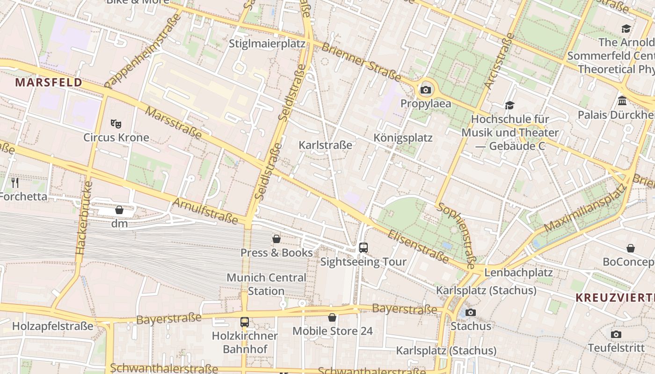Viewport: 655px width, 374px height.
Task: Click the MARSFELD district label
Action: (49, 83)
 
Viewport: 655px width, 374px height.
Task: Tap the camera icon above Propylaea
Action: (426, 90)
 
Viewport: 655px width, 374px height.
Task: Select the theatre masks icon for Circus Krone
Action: (116, 124)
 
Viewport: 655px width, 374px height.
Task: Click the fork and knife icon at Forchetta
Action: (15, 182)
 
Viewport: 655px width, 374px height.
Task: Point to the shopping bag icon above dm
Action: (119, 210)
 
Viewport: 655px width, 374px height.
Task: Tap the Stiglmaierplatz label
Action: (267, 44)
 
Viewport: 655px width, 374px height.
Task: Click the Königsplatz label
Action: (403, 138)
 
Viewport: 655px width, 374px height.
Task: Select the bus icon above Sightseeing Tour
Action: (364, 248)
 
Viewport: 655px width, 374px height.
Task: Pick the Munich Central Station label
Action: (266, 284)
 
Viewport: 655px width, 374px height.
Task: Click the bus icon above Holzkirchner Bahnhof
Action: (245, 322)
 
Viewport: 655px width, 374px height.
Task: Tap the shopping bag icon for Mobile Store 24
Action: (332, 318)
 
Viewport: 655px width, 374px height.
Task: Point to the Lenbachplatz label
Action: (518, 272)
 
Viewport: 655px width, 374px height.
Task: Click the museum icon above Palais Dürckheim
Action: (622, 101)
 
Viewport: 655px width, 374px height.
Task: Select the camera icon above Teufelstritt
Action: (616, 334)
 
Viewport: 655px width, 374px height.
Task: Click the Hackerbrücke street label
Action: (84, 218)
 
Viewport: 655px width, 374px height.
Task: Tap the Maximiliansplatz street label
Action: (585, 209)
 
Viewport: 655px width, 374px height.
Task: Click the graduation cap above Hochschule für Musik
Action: (509, 106)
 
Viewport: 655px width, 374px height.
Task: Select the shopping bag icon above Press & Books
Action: (277, 239)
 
